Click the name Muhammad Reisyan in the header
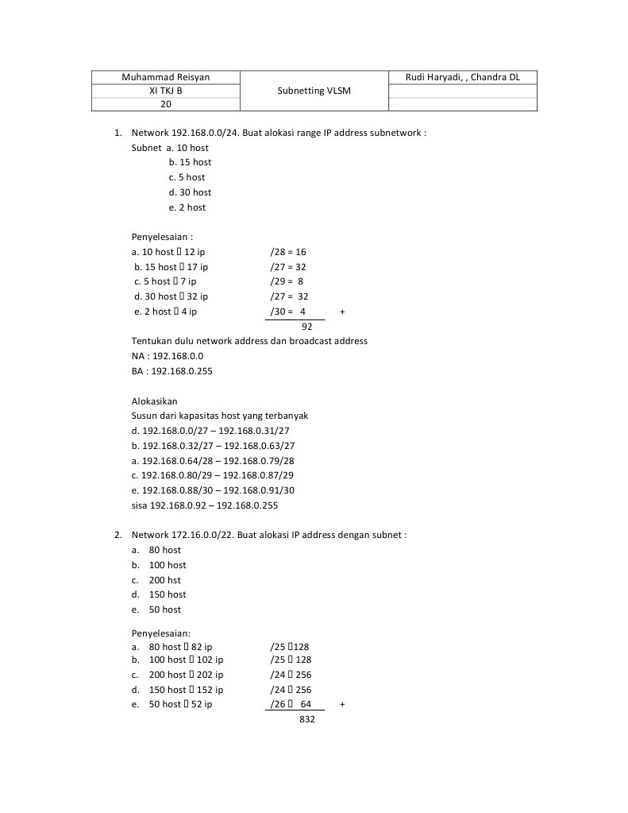click(x=166, y=77)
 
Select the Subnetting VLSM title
click(x=314, y=91)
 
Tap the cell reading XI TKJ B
click(x=166, y=91)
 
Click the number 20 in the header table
click(x=166, y=104)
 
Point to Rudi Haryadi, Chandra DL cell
click(x=462, y=77)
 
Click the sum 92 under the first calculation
click(x=307, y=326)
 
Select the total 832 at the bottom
click(x=308, y=718)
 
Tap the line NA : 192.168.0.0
click(x=162, y=356)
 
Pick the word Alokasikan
click(x=155, y=401)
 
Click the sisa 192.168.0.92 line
click(x=205, y=505)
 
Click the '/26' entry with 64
click(x=291, y=704)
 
